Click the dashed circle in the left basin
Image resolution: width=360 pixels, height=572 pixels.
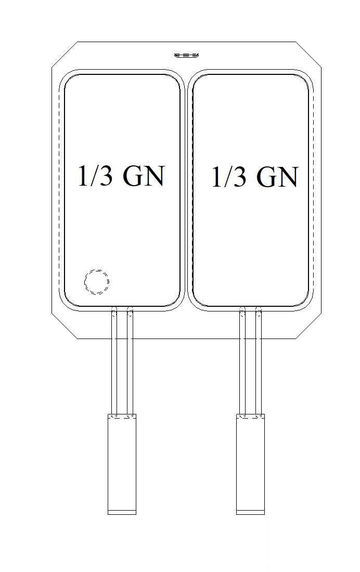point(97,282)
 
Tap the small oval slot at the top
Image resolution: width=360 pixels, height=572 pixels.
point(187,55)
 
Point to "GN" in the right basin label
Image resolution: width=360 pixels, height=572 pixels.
point(277,178)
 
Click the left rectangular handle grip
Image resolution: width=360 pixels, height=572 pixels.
point(122,463)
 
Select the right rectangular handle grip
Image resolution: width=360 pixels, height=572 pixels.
point(251,463)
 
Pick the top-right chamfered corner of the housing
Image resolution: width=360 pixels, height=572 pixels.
point(310,55)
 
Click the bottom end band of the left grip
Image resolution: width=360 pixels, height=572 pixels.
point(122,512)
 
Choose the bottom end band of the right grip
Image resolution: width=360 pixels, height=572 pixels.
point(251,512)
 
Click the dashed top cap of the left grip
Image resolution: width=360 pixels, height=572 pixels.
point(122,416)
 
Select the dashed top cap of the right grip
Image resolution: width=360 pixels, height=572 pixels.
point(251,416)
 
